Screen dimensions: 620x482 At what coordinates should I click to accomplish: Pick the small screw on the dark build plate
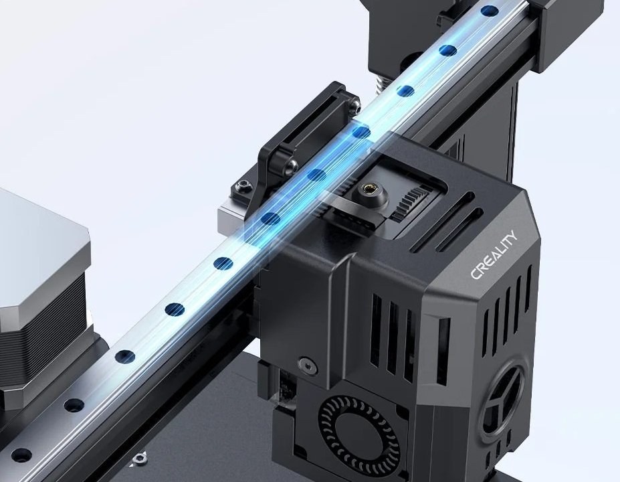click(138, 459)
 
